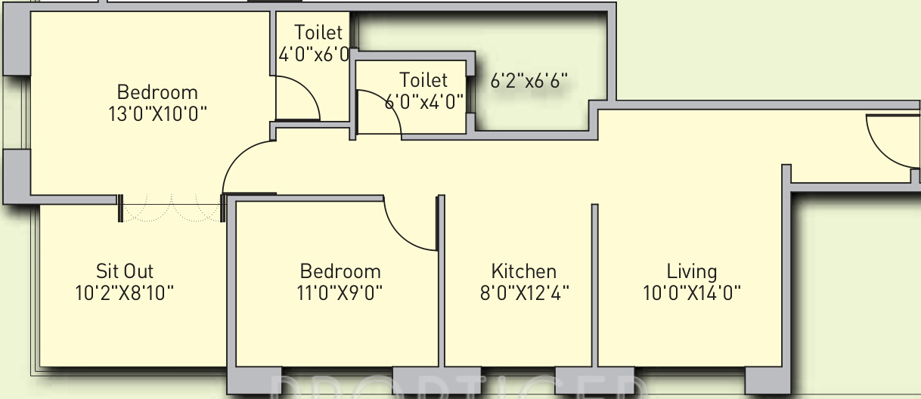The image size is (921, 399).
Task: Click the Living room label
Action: point(691,271)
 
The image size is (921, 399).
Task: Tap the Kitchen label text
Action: point(523,271)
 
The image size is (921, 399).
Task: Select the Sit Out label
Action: point(125,271)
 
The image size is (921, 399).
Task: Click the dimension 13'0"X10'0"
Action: point(157,114)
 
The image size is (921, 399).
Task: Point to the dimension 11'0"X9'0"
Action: point(340,292)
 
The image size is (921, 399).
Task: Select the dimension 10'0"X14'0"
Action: point(691,292)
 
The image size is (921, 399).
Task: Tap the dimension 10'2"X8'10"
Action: point(125,292)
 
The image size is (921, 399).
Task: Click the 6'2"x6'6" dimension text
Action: point(529,80)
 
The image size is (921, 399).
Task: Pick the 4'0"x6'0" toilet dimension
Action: point(314,54)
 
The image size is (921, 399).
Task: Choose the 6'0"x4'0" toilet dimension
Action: point(423,102)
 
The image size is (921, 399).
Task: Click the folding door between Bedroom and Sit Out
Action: point(172,209)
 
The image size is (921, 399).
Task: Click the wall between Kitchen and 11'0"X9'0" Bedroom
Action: point(440,302)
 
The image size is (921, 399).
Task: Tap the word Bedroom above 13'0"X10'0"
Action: point(157,92)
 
